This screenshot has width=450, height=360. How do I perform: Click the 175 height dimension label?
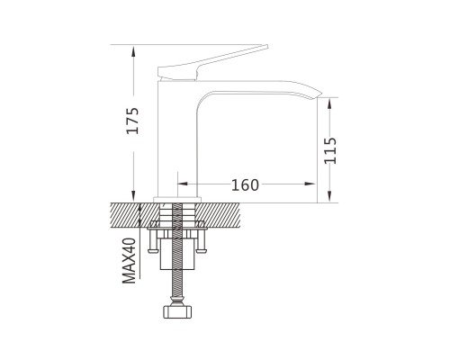coord(132,121)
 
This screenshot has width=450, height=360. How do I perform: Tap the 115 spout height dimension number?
coord(330,150)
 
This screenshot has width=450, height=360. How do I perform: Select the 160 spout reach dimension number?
coord(245,185)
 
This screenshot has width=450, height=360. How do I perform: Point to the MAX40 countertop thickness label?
coord(130,260)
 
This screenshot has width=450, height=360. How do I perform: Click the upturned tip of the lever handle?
coord(265,47)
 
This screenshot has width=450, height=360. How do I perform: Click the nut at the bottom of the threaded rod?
coord(177,311)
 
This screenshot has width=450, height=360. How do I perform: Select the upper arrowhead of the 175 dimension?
coord(133,51)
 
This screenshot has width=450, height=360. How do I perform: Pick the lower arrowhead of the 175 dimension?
coord(133,195)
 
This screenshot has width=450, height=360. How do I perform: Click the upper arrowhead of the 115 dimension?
coord(329,103)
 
